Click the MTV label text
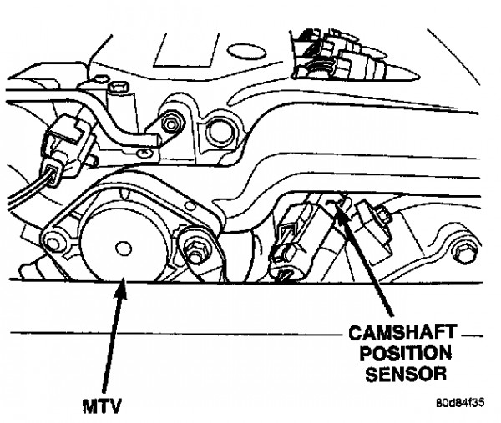(x=102, y=406)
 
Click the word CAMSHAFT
(x=402, y=333)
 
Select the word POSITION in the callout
(x=406, y=353)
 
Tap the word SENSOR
(x=406, y=373)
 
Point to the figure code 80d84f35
(x=460, y=402)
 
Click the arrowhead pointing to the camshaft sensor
(x=342, y=212)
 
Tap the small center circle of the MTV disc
(x=124, y=249)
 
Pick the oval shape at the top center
(x=246, y=53)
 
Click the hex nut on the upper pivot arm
(x=171, y=123)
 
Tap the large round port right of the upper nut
(x=221, y=131)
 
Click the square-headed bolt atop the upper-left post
(x=119, y=87)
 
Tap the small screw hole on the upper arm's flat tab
(x=144, y=153)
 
